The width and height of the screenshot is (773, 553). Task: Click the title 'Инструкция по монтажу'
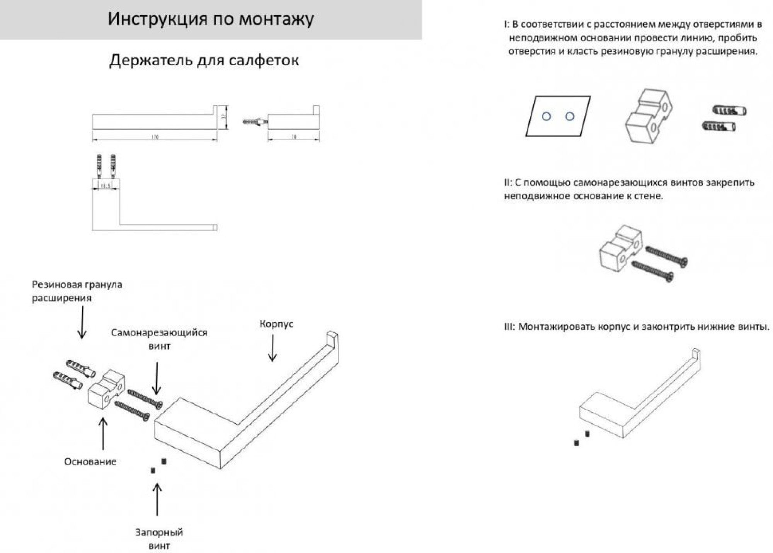point(211,19)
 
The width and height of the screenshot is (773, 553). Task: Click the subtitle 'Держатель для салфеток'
point(204,60)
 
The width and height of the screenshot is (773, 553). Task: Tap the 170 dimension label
point(155,137)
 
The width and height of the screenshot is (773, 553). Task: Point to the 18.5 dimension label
point(106,186)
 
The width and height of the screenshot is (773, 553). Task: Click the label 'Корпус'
point(276,324)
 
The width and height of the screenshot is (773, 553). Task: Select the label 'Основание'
point(90,461)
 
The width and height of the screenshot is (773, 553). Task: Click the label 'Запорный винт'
point(159,539)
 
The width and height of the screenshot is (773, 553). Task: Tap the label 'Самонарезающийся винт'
point(159,339)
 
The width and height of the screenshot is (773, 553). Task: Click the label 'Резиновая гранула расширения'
point(77,291)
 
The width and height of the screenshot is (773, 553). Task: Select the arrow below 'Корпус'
point(272,348)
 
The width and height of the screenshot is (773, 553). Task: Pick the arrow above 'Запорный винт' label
point(157,499)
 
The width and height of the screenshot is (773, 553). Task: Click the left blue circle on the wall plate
point(546,116)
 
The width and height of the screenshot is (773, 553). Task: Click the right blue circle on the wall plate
point(570,116)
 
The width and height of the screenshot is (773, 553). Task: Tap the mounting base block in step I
point(648,116)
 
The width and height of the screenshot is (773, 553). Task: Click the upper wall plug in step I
point(729,111)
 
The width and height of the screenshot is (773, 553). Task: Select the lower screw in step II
point(652,271)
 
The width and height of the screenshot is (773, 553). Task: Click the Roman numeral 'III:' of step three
point(509,327)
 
